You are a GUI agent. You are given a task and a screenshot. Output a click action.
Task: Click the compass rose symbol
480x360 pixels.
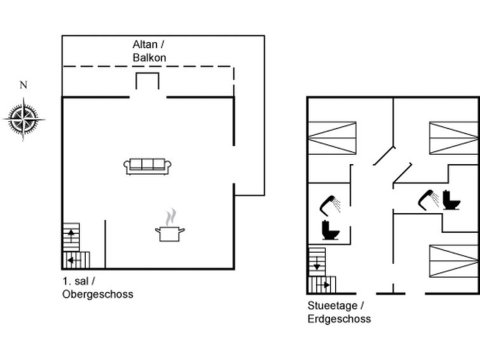coord(24,119)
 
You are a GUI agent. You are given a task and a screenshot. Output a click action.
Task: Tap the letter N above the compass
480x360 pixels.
coord(24,85)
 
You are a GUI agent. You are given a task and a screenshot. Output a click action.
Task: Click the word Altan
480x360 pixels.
coord(145,45)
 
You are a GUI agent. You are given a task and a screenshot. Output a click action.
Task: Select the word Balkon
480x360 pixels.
coord(149,58)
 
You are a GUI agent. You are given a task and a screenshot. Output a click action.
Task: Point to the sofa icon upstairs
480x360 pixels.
coord(147,167)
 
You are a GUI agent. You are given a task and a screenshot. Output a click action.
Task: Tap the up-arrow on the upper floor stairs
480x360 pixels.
coord(71,235)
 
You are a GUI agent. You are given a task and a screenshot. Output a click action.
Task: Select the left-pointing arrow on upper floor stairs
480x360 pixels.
coord(74,260)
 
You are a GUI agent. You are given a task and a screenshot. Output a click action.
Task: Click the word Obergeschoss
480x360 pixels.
coord(98,294)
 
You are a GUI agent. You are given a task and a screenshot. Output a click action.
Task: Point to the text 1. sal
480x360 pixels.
coord(75,281)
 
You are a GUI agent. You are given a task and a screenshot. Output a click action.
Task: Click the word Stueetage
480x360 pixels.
coord(333,305)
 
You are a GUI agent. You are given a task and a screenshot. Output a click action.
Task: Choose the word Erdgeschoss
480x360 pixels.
coord(339,319)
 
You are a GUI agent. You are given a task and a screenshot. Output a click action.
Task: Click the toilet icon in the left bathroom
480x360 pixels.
coord(331,230)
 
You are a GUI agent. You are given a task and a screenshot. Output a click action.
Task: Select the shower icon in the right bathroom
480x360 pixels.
coord(429,200)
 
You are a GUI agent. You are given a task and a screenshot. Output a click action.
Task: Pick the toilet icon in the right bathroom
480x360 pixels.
coord(451,200)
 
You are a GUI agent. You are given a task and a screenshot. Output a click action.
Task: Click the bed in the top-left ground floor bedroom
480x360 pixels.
coord(332,138)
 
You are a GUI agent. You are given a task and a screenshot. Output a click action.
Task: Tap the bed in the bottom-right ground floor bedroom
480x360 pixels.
coord(454,261)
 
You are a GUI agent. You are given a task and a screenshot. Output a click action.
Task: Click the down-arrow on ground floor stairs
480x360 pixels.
coord(317,263)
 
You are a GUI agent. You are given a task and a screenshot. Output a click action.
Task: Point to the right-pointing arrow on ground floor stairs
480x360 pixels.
coord(323,285)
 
